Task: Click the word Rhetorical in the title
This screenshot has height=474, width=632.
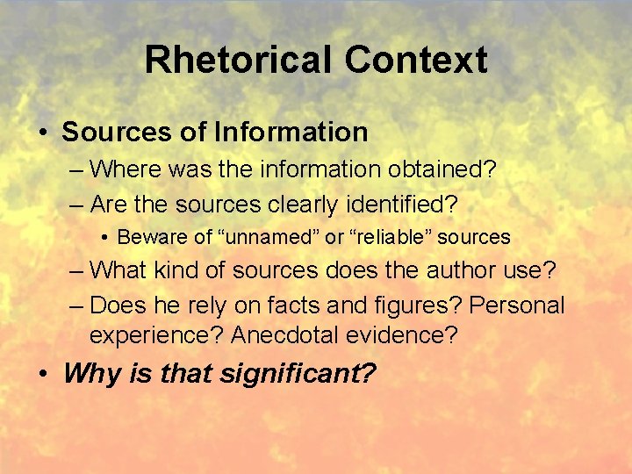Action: [238, 60]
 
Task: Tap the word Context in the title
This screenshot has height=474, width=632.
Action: [415, 60]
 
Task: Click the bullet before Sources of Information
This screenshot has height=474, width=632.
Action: [43, 133]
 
